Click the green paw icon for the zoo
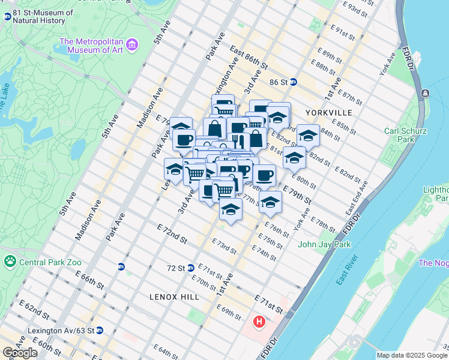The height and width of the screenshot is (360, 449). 10,261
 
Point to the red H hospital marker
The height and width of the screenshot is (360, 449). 259,322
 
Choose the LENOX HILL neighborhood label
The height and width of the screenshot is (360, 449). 174,297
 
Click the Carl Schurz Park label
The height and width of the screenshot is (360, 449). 399,135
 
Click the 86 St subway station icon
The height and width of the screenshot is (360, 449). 294,82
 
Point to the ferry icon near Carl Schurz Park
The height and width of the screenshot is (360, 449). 425,93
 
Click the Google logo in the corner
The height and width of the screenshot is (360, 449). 20,353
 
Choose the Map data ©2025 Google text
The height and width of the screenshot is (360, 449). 412,355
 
